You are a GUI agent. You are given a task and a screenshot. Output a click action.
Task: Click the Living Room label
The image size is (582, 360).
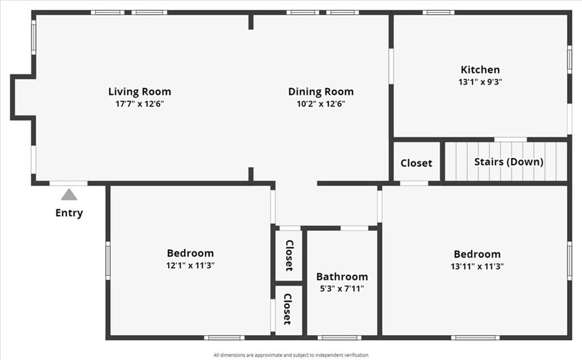click(x=140, y=92)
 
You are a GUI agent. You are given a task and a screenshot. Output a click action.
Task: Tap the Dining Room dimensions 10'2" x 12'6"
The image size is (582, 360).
click(x=321, y=104)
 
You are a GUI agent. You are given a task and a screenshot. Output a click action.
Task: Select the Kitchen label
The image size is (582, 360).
click(x=480, y=69)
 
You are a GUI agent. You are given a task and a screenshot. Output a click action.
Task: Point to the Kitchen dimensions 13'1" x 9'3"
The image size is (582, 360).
click(x=480, y=82)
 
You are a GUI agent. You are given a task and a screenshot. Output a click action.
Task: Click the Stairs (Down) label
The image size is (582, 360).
click(x=509, y=162)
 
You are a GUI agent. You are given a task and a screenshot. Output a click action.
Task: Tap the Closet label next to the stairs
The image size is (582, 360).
click(x=416, y=163)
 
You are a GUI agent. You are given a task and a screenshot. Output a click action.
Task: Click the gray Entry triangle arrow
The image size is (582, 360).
click(x=69, y=195)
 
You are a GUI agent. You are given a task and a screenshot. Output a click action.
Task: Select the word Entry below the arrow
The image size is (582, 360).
click(x=69, y=213)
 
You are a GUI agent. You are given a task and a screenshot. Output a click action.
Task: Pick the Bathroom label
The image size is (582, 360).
click(x=342, y=276)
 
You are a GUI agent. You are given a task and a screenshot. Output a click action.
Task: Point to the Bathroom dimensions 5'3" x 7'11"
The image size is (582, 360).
click(x=342, y=289)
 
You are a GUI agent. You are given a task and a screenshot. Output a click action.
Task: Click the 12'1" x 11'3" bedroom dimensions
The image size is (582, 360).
click(x=190, y=265)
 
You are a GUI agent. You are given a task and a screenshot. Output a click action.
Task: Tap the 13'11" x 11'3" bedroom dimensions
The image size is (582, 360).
click(x=477, y=266)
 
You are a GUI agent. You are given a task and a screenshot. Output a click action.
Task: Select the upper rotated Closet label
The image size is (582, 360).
click(x=289, y=255)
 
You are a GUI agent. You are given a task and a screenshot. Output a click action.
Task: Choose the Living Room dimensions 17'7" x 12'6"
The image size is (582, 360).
click(x=140, y=104)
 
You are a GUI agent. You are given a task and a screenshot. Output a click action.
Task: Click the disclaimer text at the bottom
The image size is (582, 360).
click(x=291, y=355)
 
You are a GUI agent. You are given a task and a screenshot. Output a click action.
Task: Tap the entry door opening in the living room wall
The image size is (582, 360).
click(x=69, y=183)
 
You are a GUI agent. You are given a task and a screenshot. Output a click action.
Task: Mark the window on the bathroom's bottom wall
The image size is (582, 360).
click(x=339, y=338)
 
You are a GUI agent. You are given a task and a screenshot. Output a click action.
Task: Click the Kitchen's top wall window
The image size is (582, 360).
click(x=438, y=13)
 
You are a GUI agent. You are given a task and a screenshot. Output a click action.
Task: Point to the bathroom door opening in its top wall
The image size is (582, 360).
click(x=355, y=228)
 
